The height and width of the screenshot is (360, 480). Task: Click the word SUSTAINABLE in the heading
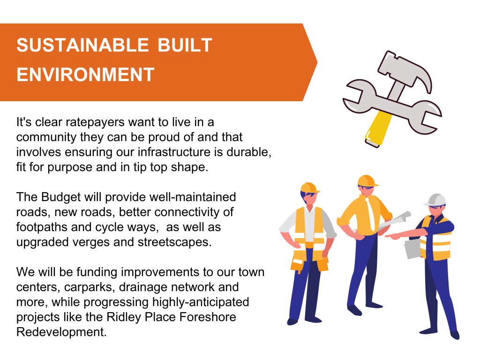[x=82, y=45]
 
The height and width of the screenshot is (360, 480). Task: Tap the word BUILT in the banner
[x=185, y=45]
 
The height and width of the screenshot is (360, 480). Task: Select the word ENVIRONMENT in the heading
[x=85, y=75]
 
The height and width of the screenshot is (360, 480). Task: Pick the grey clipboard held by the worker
[x=414, y=249]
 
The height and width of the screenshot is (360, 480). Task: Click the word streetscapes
[x=174, y=242]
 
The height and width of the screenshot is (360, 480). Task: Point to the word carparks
[x=90, y=287]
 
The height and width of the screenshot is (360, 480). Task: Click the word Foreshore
[x=208, y=317]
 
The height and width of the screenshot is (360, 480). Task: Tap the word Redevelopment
[x=61, y=332]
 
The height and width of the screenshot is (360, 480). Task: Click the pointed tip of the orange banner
[x=317, y=62]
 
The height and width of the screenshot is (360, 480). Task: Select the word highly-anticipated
[x=201, y=302]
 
